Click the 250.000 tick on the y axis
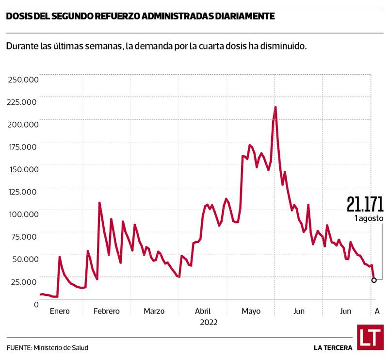point(23,79)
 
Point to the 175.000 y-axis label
point(23,147)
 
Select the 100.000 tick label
point(23,214)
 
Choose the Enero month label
point(60,311)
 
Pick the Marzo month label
point(154,311)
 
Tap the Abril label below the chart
point(202,311)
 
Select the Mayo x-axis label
point(251,311)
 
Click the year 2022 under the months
point(208,322)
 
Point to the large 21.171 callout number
point(365,204)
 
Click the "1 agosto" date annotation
point(369,219)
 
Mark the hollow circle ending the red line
point(374,280)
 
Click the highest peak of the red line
point(275,107)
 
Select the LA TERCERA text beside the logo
point(333,347)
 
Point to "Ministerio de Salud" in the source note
point(61,347)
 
